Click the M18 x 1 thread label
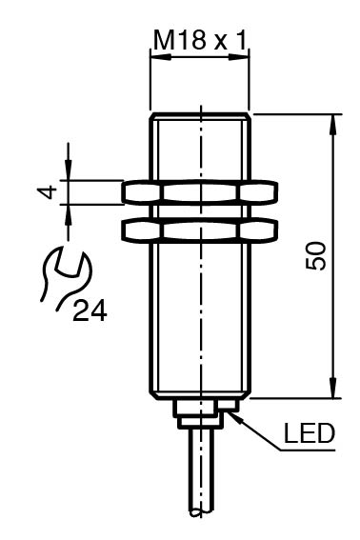pos(200,40)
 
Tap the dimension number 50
pos(315,255)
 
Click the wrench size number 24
pos(90,310)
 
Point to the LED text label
pos(309,433)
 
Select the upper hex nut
pos(200,192)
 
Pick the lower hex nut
pos(200,230)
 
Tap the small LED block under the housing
pos(228,405)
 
